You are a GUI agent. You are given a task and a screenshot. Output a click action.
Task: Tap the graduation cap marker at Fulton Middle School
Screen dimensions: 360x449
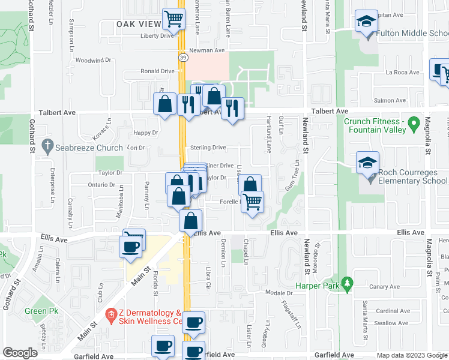366,22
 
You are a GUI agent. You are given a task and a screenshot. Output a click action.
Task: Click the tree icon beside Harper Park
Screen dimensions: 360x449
346,282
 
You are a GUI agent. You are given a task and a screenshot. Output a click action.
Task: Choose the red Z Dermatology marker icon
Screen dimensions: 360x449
110,314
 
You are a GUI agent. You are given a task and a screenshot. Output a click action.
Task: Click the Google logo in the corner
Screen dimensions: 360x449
20,353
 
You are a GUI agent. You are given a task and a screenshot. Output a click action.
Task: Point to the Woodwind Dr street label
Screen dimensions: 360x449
95,61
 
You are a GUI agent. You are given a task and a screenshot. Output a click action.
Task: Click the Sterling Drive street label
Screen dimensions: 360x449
208,148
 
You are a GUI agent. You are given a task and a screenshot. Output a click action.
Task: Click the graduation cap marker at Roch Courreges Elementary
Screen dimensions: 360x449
367,163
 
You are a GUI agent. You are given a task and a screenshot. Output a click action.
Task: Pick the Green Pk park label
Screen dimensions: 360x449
37,311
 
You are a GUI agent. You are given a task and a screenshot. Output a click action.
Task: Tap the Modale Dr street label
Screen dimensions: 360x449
278,293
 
